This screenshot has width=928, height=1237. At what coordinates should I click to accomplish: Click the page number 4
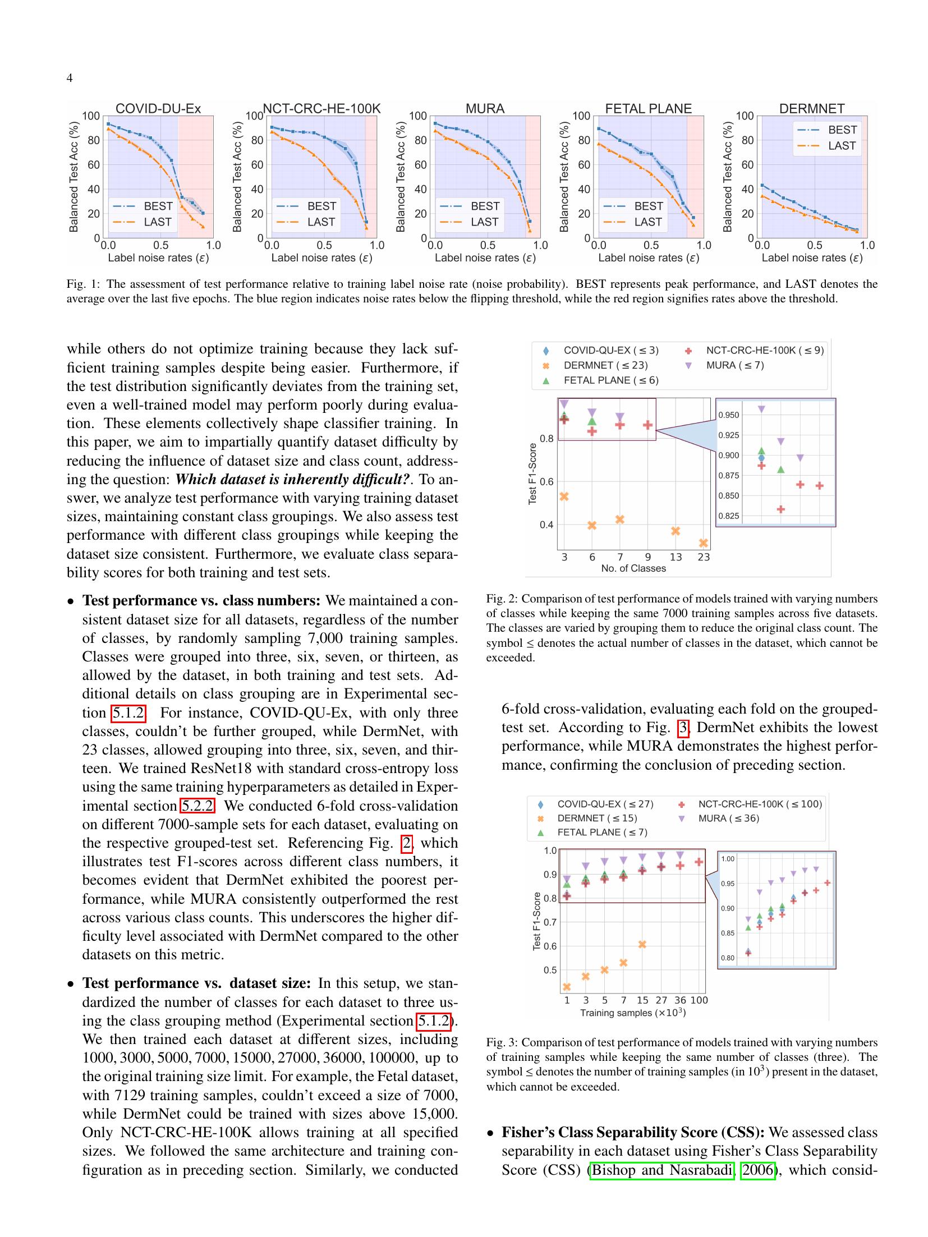[70, 78]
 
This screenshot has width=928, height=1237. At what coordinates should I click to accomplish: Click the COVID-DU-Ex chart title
[158, 108]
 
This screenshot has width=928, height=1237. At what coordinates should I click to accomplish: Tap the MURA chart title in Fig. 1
[485, 108]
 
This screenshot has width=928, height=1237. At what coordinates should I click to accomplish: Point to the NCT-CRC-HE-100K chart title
[321, 108]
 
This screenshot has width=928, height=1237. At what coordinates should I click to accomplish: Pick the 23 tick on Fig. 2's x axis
[704, 557]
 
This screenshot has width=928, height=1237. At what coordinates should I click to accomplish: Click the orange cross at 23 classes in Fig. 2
[704, 542]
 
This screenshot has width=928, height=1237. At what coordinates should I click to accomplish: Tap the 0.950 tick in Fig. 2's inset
[729, 415]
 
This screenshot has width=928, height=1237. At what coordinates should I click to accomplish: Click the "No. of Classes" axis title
[633, 568]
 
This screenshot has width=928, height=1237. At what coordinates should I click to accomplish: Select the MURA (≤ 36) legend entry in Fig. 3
[728, 818]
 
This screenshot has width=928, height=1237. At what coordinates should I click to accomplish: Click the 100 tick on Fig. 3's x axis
[699, 1000]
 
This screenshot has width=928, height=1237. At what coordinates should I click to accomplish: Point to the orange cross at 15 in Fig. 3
[642, 944]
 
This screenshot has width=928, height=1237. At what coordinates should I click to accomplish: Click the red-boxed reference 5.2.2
[196, 806]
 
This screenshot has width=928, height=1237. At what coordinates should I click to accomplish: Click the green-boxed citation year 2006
[757, 1170]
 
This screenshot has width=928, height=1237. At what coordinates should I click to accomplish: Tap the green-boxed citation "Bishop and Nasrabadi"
[663, 1170]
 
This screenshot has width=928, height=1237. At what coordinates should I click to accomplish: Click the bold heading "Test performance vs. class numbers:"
[201, 601]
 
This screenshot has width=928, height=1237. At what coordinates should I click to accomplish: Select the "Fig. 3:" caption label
[502, 1042]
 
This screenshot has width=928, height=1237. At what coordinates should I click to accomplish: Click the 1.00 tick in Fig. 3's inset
[727, 858]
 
